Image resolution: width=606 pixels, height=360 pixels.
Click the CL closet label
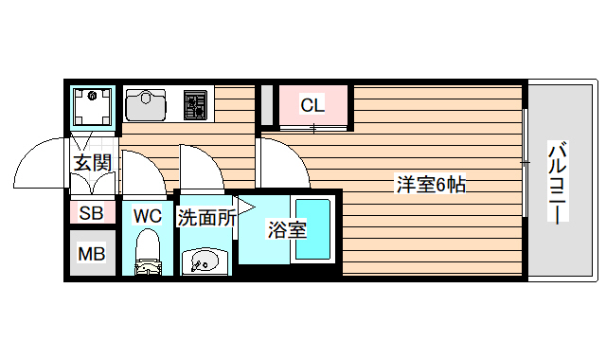pos(312,105)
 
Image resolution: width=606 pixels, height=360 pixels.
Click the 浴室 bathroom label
pos(286,229)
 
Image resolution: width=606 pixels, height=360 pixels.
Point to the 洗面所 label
pos(205,217)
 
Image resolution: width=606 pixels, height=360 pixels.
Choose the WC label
pos(147,216)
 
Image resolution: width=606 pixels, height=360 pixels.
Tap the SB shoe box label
pos(91,213)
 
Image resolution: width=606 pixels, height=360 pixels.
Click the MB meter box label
pos(91,254)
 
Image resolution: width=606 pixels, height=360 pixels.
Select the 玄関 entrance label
pos(93,163)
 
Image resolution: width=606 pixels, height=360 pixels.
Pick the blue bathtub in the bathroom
pos(312,231)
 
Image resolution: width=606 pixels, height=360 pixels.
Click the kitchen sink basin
pos(147,103)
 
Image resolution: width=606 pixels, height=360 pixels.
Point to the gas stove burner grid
pos(195,103)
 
